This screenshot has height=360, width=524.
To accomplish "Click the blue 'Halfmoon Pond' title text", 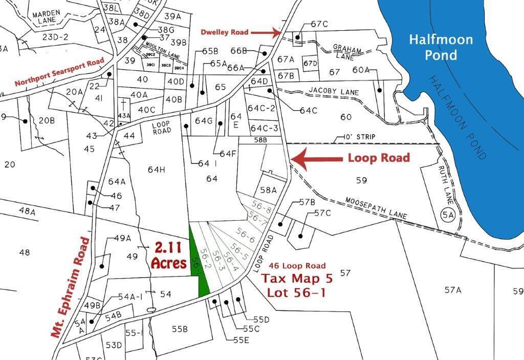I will coord(441,47).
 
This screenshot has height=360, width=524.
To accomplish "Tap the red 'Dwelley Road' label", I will coord(225,32).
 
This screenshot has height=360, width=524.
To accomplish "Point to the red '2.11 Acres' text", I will coord(168,256).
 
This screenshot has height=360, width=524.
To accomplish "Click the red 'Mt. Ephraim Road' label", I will coord(71,287).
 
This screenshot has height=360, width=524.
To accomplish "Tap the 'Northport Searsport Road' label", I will coord(59,72).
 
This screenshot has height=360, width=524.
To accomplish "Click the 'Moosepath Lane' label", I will coord(376,208).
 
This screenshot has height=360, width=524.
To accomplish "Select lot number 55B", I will coord(179,329).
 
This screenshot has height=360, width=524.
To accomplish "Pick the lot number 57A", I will coord(453,290).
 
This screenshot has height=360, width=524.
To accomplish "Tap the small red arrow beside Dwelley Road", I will coord(267,33).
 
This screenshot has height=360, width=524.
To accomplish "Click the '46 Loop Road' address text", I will coord(297,266).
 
